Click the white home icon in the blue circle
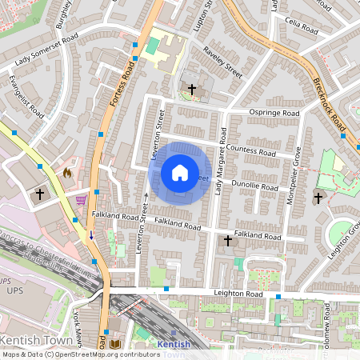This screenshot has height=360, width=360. (180, 173)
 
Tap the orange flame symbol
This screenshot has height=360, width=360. (67, 171)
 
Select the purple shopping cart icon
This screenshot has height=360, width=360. (81, 200)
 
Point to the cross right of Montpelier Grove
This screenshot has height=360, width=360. (318, 198)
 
